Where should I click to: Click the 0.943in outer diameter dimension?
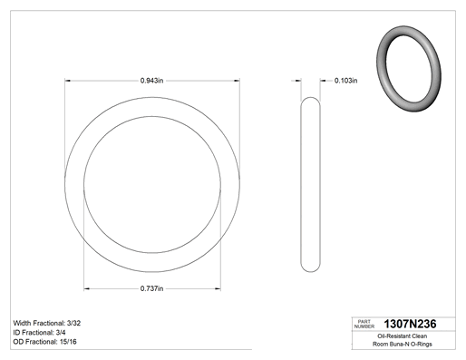(151, 81)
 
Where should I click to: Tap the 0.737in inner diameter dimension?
(151, 288)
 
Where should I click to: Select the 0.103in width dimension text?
(345, 81)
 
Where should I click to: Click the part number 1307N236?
(410, 324)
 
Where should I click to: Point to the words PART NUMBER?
(364, 324)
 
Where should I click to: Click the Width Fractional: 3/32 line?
(47, 323)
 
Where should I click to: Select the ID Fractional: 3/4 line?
(39, 333)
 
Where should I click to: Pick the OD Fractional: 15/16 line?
(44, 342)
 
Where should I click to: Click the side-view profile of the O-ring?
(301, 184)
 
